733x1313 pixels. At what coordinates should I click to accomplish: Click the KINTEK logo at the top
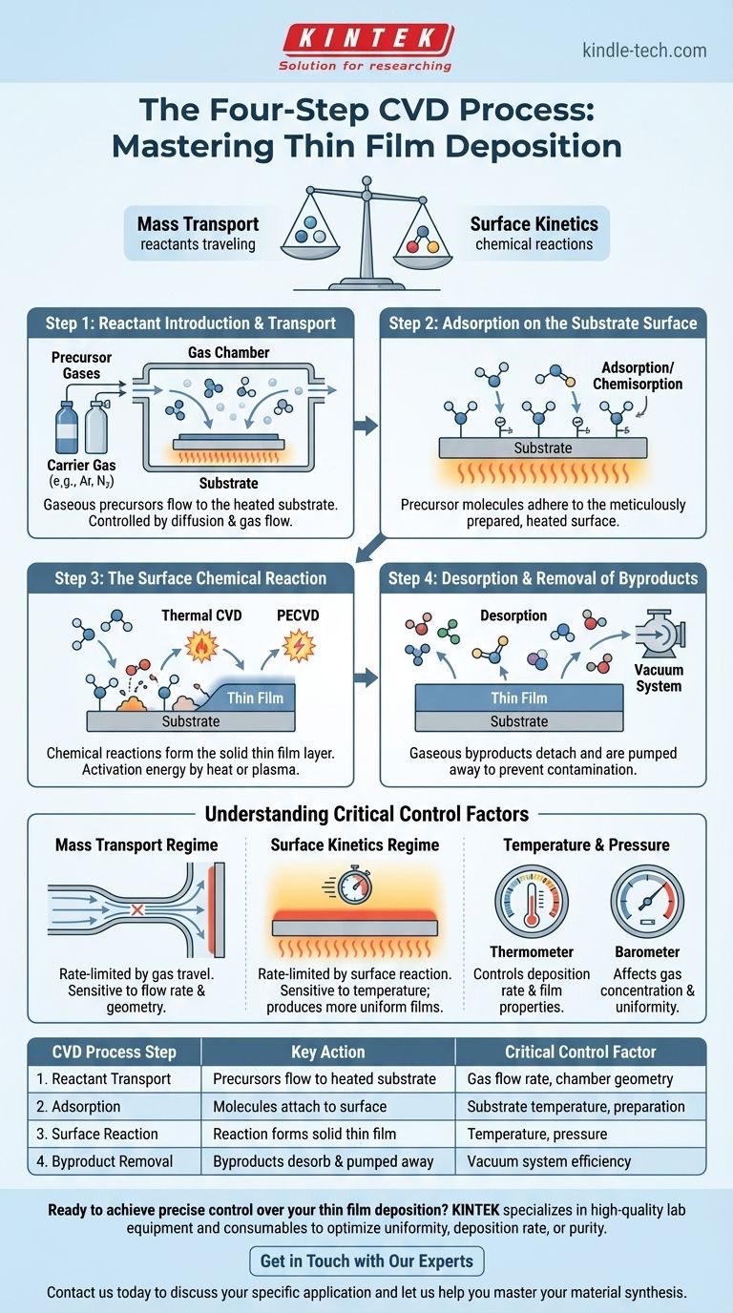[x=366, y=40]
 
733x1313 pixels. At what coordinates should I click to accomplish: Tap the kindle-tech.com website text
[x=644, y=50]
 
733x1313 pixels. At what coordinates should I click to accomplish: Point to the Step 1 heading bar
[x=191, y=323]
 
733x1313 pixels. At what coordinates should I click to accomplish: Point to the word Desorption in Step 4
[x=513, y=615]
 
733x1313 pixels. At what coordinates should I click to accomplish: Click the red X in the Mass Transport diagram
[x=136, y=911]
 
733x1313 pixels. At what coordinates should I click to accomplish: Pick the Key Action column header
[x=328, y=1052]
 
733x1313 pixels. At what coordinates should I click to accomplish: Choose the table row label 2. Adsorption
[x=86, y=1107]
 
